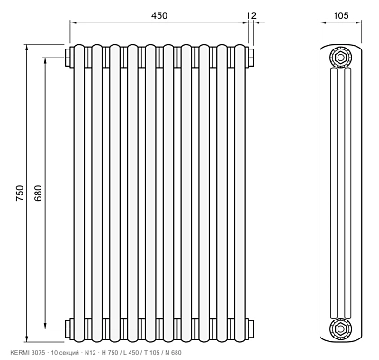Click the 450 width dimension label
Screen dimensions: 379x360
point(159,15)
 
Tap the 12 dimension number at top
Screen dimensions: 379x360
point(251,15)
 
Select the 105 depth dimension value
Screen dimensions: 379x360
point(341,15)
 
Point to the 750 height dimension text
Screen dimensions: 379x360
point(20,193)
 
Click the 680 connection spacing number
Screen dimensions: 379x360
point(38,193)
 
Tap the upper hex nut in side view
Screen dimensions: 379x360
point(340,58)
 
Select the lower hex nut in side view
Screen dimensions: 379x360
point(340,329)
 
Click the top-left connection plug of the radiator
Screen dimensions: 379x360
point(68,57)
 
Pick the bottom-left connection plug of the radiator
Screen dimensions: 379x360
point(68,328)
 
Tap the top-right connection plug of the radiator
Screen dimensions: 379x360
point(250,57)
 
